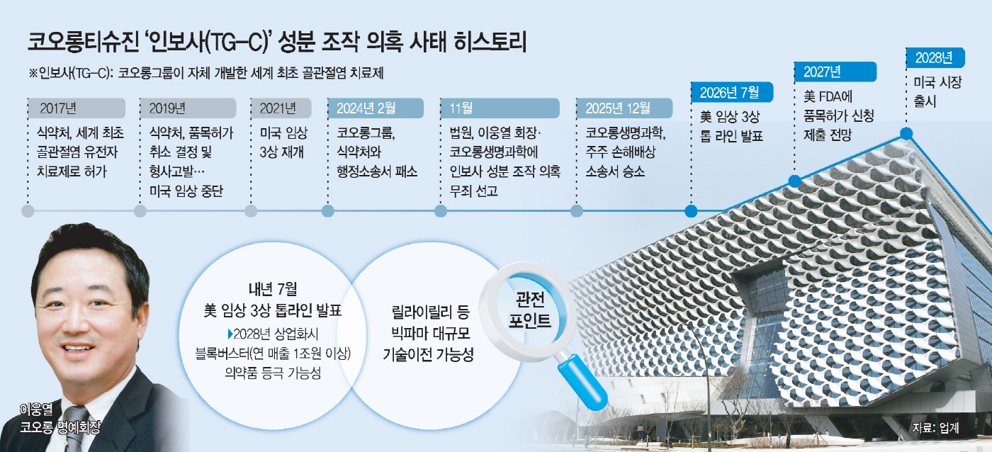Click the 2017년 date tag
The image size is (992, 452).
tap(77, 108)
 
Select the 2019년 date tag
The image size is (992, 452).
tap(188, 108)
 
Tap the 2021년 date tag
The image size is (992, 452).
tap(281, 108)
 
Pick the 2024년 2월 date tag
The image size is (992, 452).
tap(376, 108)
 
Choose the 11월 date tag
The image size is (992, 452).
tap(500, 108)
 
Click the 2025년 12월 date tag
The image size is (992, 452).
tap(624, 108)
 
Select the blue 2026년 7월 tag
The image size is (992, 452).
tap(733, 93)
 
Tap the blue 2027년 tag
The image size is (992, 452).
tap(835, 72)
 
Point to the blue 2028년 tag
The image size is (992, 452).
tap(935, 57)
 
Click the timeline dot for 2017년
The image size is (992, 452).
tap(28, 211)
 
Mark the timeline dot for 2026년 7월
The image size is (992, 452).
tap(691, 211)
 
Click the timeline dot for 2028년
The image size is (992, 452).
tap(906, 132)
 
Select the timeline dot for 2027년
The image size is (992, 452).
tap(794, 181)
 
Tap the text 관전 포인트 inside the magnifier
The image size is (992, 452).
tap(530, 310)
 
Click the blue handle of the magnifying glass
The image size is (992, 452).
tap(582, 380)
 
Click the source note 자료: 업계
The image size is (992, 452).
tap(936, 428)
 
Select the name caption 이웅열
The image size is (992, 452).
tap(36, 409)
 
